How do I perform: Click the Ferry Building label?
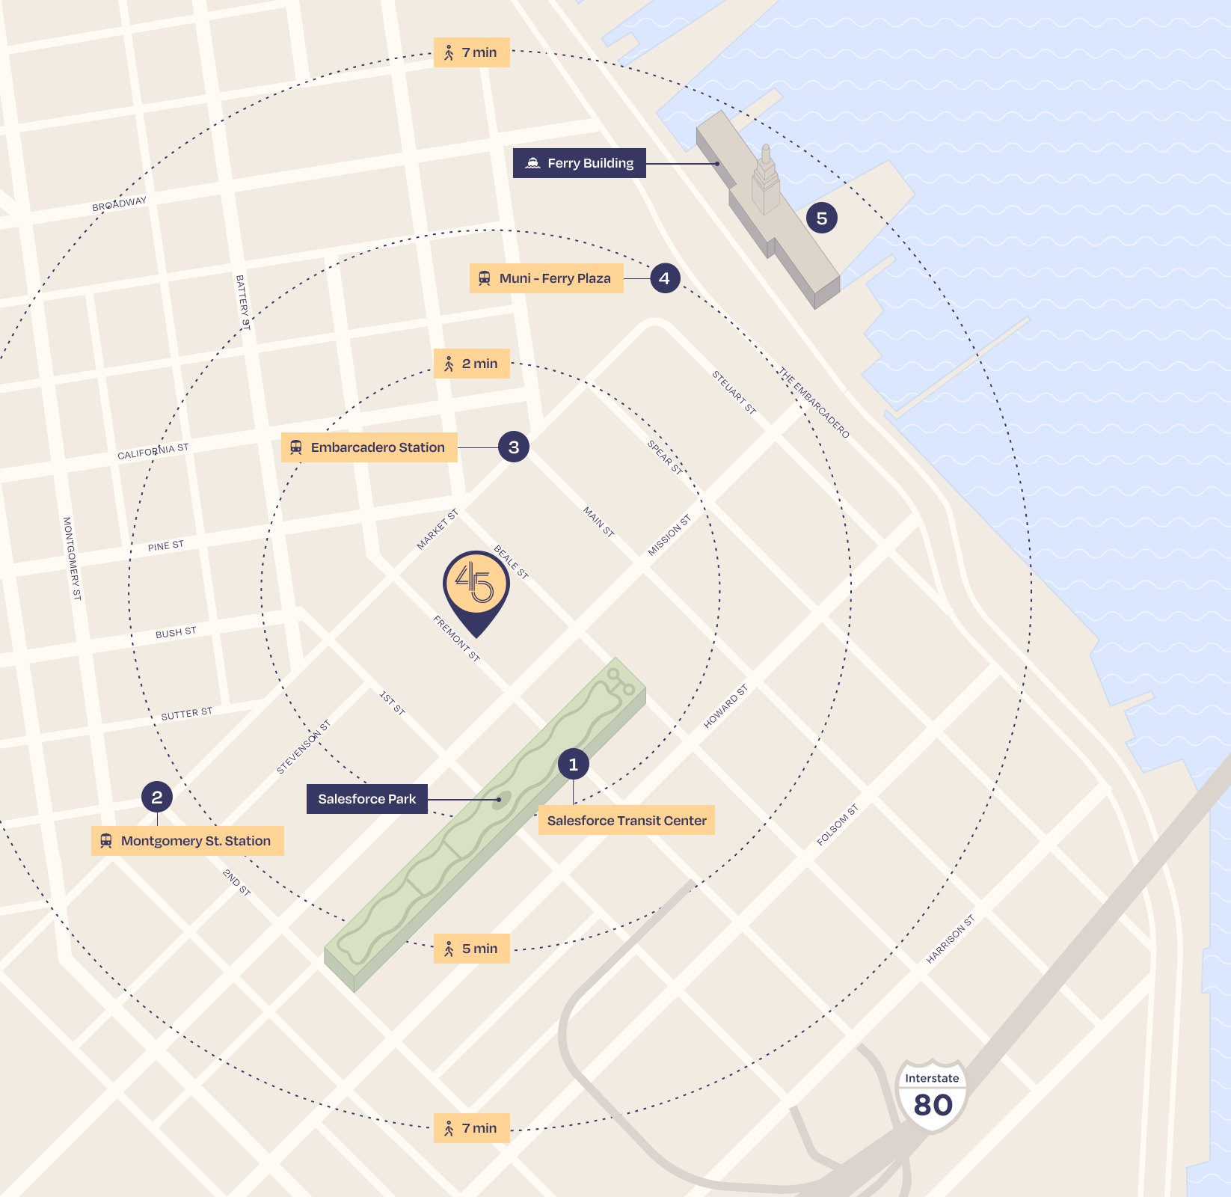tap(580, 163)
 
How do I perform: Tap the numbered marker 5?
tap(821, 218)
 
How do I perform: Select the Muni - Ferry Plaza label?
tap(547, 278)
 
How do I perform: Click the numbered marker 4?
tap(664, 278)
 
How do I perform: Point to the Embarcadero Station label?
tap(369, 447)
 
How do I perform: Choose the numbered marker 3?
tap(514, 447)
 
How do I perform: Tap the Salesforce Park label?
tap(366, 799)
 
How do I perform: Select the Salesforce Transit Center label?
tap(626, 821)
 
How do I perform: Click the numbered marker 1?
tap(574, 765)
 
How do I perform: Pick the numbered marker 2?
tap(157, 798)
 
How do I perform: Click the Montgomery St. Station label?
tap(188, 841)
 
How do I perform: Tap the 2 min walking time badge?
tap(472, 364)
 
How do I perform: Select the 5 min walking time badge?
tap(472, 949)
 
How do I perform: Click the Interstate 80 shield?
tap(932, 1096)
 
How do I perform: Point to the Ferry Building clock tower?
tap(765, 176)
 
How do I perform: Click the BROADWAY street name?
tap(120, 204)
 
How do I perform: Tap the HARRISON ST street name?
tap(951, 940)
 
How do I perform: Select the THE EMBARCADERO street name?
tap(813, 402)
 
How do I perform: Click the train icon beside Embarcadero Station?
tap(296, 447)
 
